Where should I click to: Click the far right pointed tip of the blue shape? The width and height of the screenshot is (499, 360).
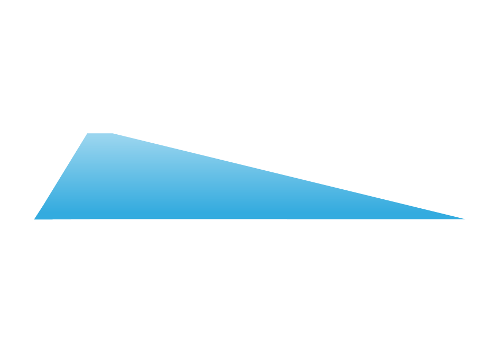(x=465, y=218)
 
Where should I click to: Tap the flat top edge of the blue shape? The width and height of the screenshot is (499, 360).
(x=100, y=134)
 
